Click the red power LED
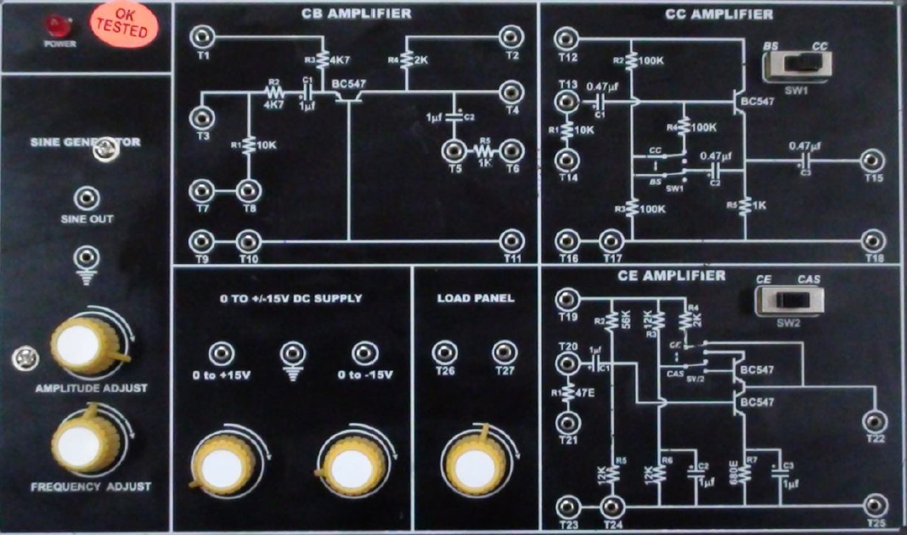point(59,25)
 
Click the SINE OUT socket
point(83,199)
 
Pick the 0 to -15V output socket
point(363,352)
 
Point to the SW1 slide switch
point(797,65)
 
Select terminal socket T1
point(202,37)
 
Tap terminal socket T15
point(871,160)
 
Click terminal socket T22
point(875,420)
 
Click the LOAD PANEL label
point(476,299)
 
